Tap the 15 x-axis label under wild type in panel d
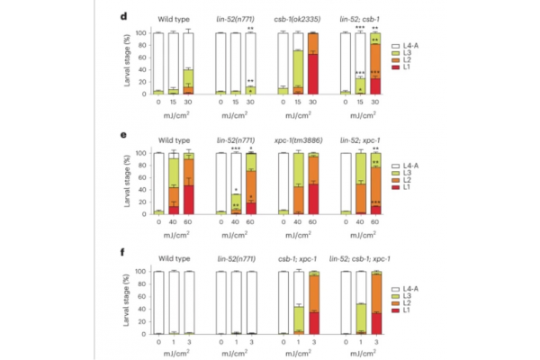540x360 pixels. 174,101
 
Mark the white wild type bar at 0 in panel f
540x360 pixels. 158,301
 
